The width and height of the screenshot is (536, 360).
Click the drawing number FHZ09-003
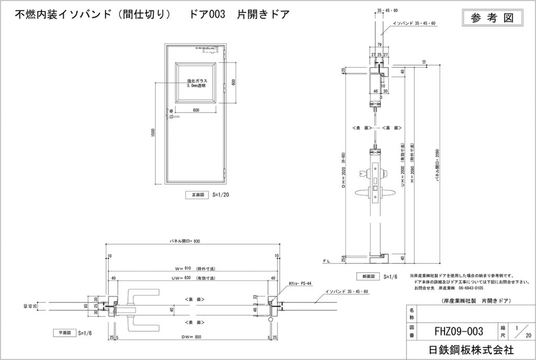[459, 331]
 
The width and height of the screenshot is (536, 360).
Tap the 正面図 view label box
[197, 195]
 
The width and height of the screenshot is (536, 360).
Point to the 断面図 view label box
[367, 276]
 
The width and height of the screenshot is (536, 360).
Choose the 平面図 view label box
[64, 332]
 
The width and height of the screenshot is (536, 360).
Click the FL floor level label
[326, 260]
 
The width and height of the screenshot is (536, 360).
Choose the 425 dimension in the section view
[343, 71]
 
